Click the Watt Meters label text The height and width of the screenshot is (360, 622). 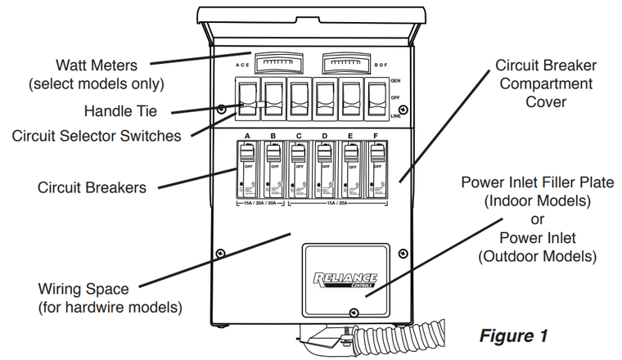(97, 65)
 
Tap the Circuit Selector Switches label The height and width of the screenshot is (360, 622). (97, 136)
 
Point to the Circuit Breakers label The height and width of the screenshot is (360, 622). (92, 187)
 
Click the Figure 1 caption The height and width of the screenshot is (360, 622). (512, 336)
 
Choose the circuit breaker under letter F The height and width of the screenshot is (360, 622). (378, 168)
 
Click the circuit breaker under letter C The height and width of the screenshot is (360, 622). (300, 168)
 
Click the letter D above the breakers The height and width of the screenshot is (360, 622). (325, 135)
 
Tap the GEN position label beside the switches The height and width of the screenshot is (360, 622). (396, 81)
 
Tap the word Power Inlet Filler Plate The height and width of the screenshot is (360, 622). (537, 182)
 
